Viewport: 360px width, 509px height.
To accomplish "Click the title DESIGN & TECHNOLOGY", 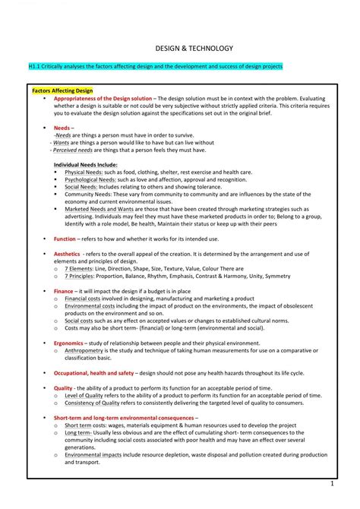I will click(x=180, y=47).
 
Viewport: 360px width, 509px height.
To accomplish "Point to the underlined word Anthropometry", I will click(x=89, y=351).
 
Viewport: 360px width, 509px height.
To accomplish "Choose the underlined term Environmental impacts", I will click(x=95, y=454).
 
